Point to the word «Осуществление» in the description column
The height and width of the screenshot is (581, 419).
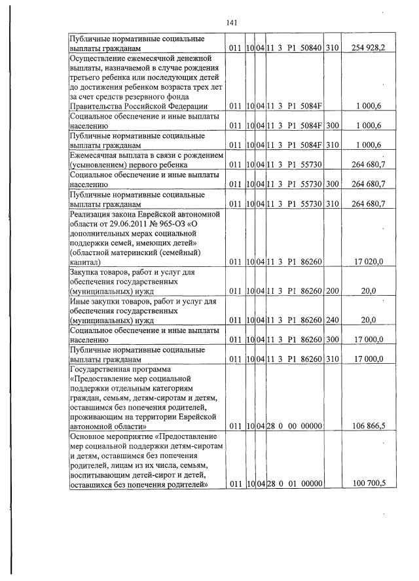[x=98, y=58]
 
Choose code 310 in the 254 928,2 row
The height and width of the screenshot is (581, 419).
[x=332, y=48]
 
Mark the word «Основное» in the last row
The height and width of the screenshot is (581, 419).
[x=88, y=436]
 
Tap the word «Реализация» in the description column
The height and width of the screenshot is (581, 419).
[x=92, y=213]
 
